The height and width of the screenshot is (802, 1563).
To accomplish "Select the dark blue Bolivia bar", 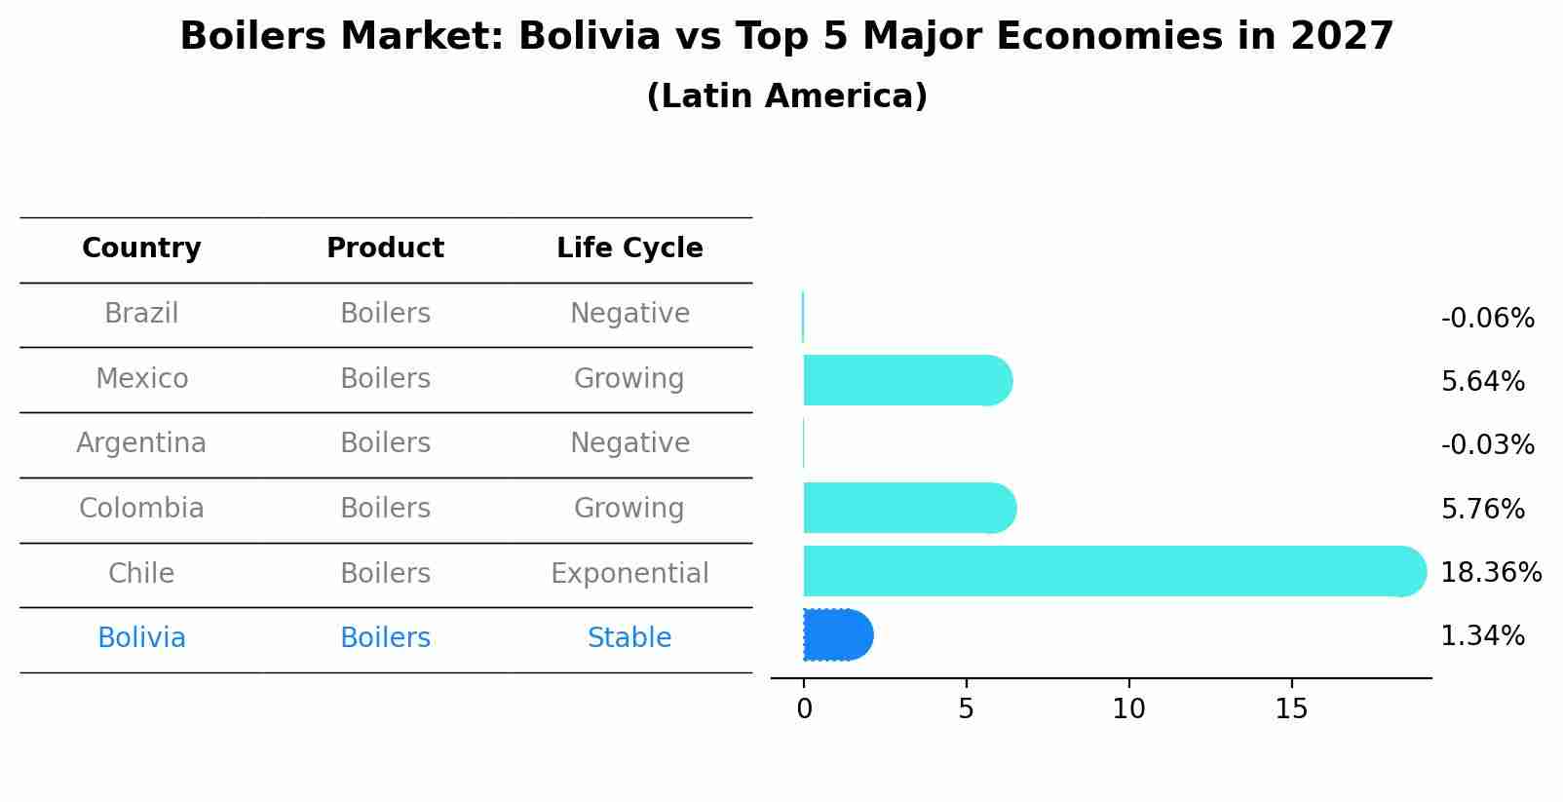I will (836, 635).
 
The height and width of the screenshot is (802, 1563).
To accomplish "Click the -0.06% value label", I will (1487, 319).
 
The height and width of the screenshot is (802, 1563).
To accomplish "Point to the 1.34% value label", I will (1482, 636).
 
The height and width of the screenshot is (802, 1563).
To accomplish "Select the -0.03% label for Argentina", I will (1487, 445).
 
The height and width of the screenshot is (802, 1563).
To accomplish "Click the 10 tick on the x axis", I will (1128, 709).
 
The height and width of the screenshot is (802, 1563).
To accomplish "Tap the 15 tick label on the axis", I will (1291, 709).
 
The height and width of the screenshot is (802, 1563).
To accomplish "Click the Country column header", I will (141, 248).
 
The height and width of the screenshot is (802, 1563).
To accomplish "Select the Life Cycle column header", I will (629, 248).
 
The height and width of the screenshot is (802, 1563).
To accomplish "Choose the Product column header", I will (385, 248).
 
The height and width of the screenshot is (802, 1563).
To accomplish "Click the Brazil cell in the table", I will (141, 314).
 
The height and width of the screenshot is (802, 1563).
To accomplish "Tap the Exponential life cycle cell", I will (629, 574).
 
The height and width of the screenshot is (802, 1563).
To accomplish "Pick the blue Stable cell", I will (629, 638).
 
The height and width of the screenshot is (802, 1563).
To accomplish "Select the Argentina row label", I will (141, 443).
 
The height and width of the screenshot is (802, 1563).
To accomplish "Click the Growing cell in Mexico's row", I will (629, 379).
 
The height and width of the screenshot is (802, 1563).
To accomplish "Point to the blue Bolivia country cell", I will (141, 638).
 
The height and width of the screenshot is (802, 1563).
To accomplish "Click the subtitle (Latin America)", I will (786, 96).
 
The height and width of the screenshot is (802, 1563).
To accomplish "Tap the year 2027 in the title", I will (1342, 37).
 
